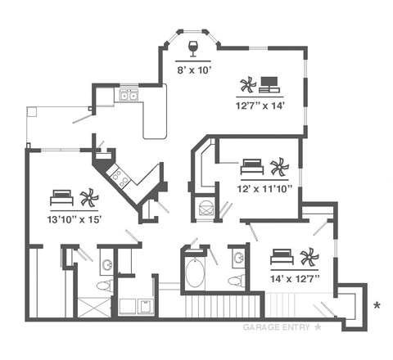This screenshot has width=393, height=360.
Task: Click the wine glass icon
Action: tap(195, 47)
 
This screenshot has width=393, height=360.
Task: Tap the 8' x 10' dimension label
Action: tap(195, 70)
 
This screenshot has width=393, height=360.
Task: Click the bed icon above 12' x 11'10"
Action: tap(252, 168)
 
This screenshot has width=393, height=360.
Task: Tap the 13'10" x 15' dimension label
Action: tap(75, 218)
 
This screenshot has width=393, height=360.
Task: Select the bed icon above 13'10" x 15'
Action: tap(62, 197)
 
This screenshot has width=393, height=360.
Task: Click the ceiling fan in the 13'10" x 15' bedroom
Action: tap(88, 197)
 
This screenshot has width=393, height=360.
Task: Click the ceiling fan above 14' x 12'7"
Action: tap(309, 258)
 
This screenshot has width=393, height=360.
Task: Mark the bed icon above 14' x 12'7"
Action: tap(282, 257)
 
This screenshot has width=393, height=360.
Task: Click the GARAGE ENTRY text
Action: tap(278, 327)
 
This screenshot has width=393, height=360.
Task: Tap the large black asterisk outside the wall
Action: tap(377, 306)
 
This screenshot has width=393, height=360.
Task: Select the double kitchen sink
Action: tap(129, 96)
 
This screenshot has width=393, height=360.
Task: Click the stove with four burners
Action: tap(120, 174)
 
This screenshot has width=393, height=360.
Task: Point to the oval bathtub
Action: tap(195, 274)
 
